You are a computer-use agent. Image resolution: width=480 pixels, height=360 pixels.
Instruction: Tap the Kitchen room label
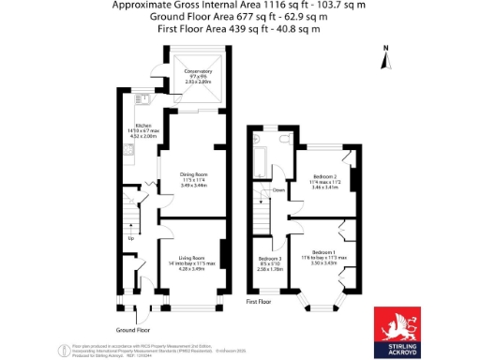point(143,125)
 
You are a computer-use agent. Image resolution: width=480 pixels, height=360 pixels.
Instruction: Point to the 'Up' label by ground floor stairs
point(129,238)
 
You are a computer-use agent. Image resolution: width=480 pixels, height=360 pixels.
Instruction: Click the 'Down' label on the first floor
point(278,190)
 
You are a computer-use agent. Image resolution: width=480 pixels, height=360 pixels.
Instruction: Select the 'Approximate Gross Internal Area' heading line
point(240,5)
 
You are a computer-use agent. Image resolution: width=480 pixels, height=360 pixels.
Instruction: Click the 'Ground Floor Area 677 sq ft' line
point(240,16)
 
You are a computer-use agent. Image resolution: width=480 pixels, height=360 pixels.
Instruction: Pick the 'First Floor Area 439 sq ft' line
point(240,28)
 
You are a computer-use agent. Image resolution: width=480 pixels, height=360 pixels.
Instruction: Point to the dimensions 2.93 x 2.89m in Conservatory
point(198,82)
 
